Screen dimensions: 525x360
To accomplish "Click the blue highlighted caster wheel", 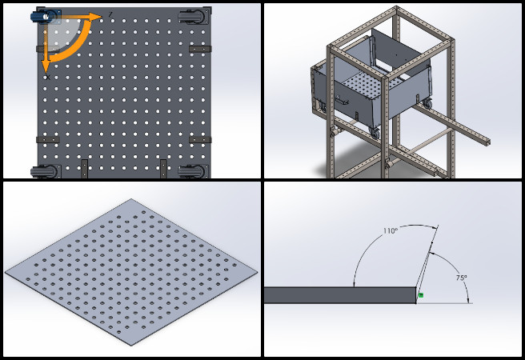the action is click(x=43, y=16).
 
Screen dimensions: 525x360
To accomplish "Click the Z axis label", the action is click(x=110, y=14).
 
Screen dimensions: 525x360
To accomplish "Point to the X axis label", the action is click(x=48, y=78).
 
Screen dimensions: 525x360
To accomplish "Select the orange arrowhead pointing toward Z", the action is click(x=96, y=16).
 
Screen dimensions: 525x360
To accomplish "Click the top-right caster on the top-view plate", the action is click(x=193, y=16).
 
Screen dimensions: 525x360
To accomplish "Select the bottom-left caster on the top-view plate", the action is click(x=46, y=171).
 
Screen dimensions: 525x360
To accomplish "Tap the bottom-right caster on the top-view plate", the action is click(x=193, y=171).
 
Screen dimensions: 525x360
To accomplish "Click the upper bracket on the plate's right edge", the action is click(x=200, y=49).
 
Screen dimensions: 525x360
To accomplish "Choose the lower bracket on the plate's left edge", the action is click(x=48, y=139).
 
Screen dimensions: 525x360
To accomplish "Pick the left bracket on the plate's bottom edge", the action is click(x=84, y=168).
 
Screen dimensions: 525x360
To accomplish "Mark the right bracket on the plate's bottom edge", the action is click(x=163, y=168).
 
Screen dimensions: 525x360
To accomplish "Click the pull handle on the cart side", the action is click(x=342, y=100).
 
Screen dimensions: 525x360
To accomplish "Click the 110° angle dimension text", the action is click(x=391, y=231).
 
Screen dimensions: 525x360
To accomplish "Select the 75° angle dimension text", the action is click(x=461, y=278).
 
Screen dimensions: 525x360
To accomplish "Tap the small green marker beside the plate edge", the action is click(x=421, y=294).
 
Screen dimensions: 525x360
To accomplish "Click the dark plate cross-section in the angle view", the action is click(x=340, y=295).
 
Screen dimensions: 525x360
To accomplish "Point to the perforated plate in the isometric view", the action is click(x=131, y=272).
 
